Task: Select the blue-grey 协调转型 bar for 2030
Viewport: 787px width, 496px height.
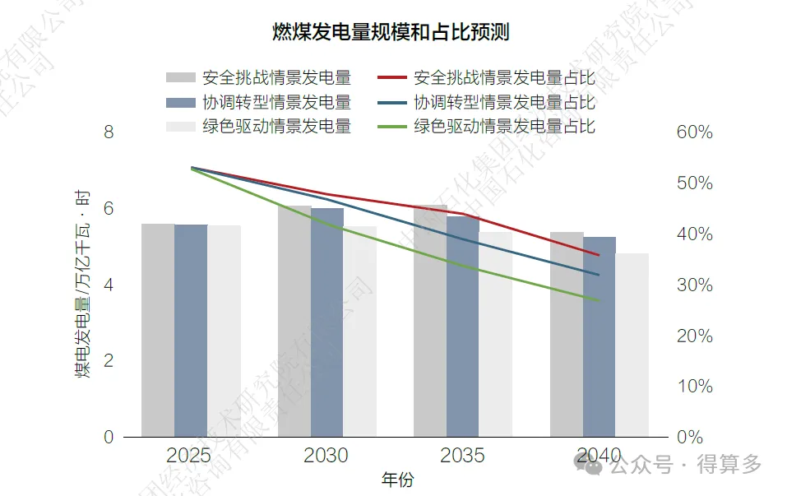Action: (x=326, y=322)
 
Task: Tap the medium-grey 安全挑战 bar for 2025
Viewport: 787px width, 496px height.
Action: (x=158, y=330)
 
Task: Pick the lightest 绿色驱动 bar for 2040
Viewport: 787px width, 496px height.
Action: (x=632, y=345)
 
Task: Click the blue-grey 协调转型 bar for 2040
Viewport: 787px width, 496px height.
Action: (x=600, y=336)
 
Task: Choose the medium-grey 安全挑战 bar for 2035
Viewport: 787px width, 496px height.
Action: (x=430, y=321)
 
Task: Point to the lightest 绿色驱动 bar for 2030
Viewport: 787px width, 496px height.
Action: (x=359, y=331)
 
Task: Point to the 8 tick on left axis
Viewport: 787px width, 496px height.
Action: (x=108, y=132)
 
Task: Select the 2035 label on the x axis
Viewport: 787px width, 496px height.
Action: (x=462, y=456)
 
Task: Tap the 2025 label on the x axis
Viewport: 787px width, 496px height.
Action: (x=189, y=456)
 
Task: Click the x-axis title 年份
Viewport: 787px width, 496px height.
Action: (x=397, y=480)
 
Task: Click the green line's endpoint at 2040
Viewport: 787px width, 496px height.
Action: (x=600, y=300)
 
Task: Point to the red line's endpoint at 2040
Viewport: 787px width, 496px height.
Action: (x=600, y=255)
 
